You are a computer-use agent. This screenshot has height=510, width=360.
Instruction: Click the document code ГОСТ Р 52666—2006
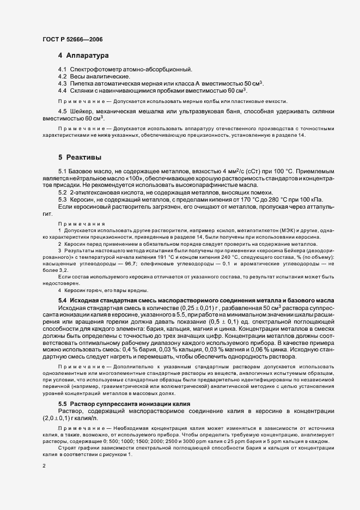pyautogui.click(x=72, y=39)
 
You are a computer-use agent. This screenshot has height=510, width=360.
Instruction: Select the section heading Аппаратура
pyautogui.click(x=87, y=56)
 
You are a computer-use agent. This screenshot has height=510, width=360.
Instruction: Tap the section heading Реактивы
pyautogui.click(x=84, y=157)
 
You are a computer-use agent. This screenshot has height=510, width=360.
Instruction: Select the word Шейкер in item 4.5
pyautogui.click(x=81, y=112)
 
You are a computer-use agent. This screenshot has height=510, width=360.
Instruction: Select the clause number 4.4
pyautogui.click(x=62, y=90)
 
